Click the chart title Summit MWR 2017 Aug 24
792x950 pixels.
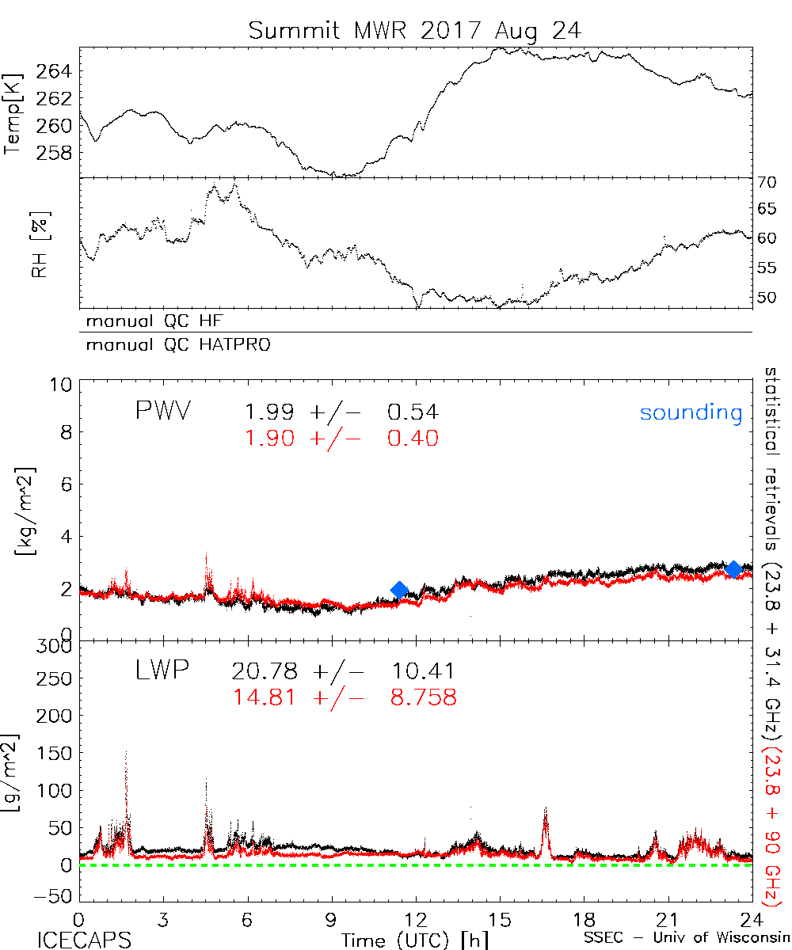(x=415, y=30)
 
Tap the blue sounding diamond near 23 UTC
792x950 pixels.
(x=733, y=569)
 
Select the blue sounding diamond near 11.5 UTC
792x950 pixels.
(x=399, y=589)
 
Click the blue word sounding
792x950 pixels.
(x=691, y=412)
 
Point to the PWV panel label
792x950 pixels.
(x=163, y=412)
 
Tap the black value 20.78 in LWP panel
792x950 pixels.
(x=265, y=672)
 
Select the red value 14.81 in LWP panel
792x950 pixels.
(x=265, y=697)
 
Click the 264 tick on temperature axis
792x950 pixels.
(x=54, y=72)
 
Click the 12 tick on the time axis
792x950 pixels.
(x=416, y=920)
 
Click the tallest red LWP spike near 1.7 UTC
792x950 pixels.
(x=126, y=756)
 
